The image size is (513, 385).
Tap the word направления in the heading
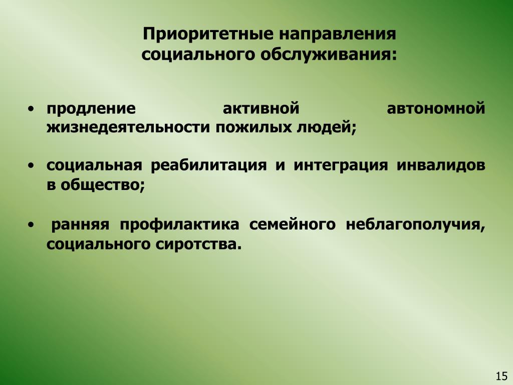[337, 35]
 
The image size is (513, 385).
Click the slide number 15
[501, 376]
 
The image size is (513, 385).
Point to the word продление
[91, 108]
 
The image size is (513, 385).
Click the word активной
[261, 108]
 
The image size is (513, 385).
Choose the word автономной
[436, 108]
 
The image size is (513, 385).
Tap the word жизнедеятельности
[128, 127]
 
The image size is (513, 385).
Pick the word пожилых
[253, 127]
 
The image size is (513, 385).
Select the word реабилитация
[208, 165]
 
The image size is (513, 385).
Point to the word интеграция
[341, 165]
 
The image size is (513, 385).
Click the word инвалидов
[441, 165]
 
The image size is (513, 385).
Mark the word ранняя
[80, 225]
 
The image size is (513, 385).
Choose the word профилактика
[179, 225]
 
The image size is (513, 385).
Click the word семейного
[292, 225]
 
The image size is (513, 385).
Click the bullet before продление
[31, 108]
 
